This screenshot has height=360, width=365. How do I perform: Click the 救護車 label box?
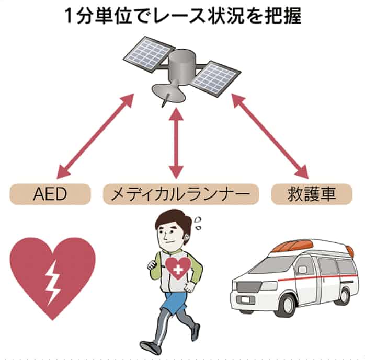click(x=312, y=195)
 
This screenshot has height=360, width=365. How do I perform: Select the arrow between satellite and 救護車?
click(x=267, y=135)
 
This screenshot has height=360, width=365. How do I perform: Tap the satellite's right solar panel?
click(x=215, y=76)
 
